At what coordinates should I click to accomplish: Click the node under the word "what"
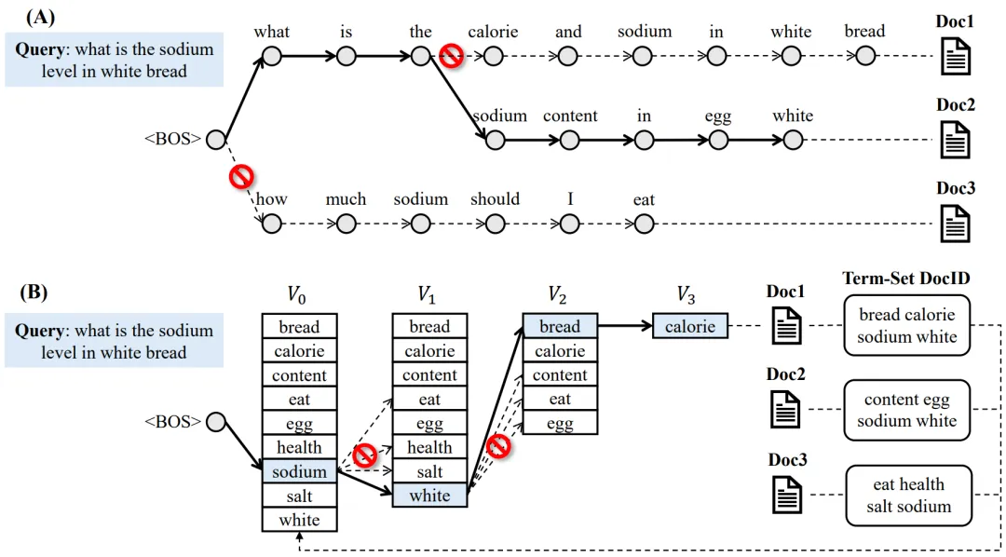click(271, 57)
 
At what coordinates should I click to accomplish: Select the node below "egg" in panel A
click(717, 141)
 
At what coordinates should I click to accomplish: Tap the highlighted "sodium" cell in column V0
click(299, 472)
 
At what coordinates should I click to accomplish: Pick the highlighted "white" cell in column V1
click(429, 496)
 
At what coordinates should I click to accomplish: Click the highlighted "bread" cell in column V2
click(560, 327)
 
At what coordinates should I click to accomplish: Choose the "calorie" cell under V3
click(690, 327)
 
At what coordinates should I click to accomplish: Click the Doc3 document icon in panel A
click(955, 224)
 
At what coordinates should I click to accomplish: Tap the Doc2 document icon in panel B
click(786, 410)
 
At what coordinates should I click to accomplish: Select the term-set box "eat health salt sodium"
click(908, 496)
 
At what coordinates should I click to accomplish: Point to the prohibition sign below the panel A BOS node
click(242, 176)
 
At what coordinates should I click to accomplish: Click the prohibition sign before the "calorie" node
click(452, 56)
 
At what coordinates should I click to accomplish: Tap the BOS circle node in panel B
click(216, 422)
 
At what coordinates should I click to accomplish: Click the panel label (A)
click(41, 16)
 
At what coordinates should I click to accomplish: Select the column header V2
click(557, 296)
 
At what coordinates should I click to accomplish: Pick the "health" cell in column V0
click(299, 448)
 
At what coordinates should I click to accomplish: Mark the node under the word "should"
click(495, 224)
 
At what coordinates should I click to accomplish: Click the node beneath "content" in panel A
click(569, 141)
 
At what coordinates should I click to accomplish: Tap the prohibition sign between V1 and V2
click(499, 446)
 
